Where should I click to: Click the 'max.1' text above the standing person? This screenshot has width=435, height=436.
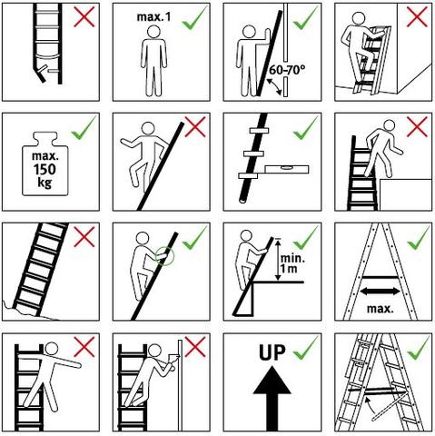(153, 16)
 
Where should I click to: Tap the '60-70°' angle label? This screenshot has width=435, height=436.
(287, 70)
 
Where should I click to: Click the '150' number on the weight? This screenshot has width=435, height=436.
(44, 170)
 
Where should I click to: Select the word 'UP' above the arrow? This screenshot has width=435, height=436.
(272, 352)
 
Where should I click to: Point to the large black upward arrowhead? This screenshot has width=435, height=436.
(272, 380)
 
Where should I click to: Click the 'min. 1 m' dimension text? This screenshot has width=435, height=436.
(292, 263)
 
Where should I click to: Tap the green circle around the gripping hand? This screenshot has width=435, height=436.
(164, 256)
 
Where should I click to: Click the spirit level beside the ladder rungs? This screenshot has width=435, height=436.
(286, 169)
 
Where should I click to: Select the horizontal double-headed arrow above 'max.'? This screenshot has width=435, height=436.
(381, 292)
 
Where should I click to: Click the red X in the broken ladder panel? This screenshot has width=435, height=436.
(84, 16)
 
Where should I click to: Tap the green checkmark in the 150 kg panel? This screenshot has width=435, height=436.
(84, 128)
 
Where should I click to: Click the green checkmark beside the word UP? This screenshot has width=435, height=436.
(306, 348)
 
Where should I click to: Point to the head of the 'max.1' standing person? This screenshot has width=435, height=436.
(154, 32)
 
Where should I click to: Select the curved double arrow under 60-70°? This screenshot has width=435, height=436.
(274, 87)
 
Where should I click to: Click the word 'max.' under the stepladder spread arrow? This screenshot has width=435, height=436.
(381, 309)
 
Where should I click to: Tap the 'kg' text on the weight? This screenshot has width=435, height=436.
(44, 183)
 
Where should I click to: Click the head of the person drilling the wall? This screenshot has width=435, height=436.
(155, 351)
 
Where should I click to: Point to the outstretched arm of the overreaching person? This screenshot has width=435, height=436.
(66, 362)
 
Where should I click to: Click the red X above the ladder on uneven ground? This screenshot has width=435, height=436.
(84, 237)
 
